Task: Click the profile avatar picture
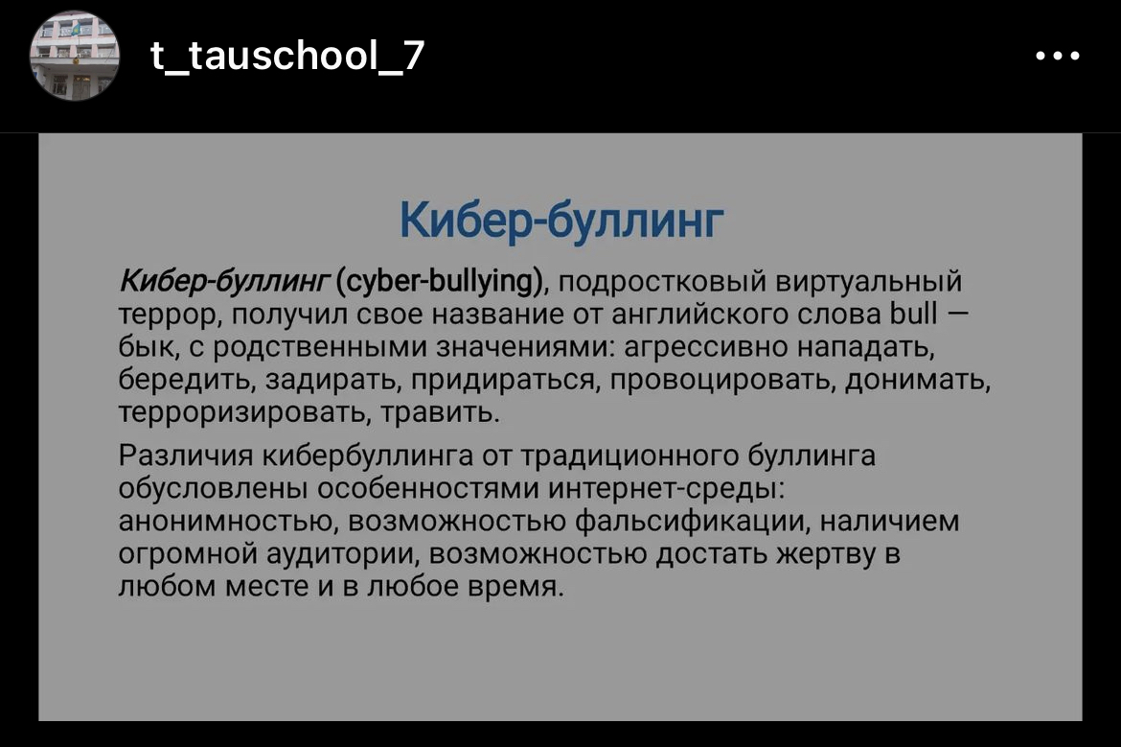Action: [x=75, y=57]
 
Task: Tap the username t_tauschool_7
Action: [x=287, y=57]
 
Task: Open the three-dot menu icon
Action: [x=1059, y=57]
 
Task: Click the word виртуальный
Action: [x=869, y=283]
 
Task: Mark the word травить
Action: [x=440, y=414]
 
